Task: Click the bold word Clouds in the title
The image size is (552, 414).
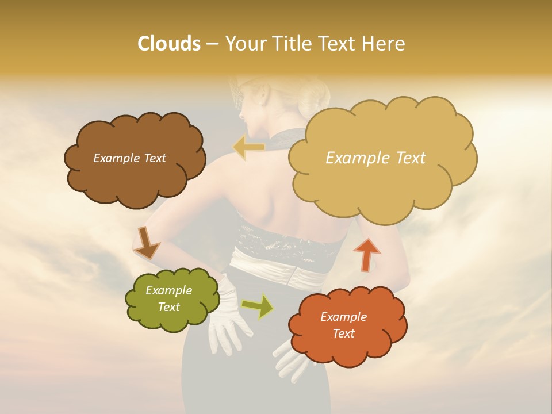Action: coord(169,44)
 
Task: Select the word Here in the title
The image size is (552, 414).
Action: coord(385,44)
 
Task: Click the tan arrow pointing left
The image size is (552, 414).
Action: coord(248,148)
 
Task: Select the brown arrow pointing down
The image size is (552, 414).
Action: coord(147,243)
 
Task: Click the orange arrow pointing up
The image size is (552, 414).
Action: coord(366,254)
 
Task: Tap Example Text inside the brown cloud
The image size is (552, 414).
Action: coord(129,158)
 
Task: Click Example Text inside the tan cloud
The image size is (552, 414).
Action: coord(375,158)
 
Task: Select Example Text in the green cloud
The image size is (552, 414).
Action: coord(169,298)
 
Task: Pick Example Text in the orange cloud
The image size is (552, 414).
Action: coord(343,325)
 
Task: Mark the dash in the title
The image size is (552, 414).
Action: coord(212,44)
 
